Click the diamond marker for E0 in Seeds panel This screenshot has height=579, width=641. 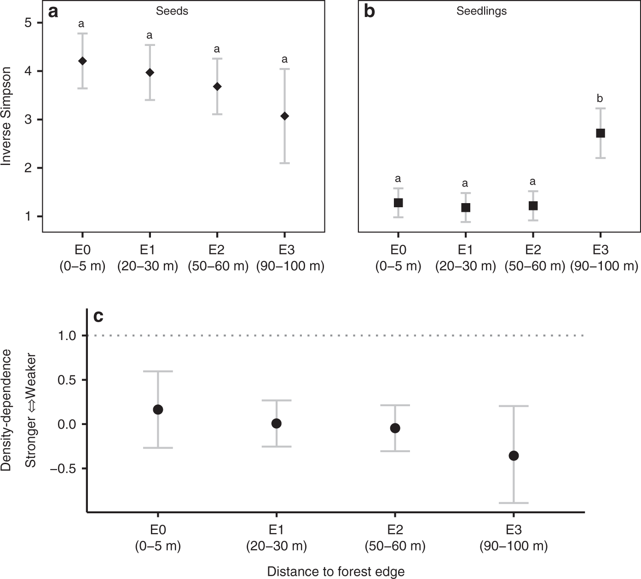coord(82,61)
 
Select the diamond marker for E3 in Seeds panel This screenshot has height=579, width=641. coord(284,116)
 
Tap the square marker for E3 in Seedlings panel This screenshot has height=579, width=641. coord(600,133)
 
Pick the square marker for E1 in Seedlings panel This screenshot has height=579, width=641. coord(466,208)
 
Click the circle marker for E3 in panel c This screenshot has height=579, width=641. coord(514,456)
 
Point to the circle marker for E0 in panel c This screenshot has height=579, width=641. coord(158,410)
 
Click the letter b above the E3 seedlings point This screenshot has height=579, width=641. coord(600,98)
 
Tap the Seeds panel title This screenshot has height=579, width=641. coord(172,11)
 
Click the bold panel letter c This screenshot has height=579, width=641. coord(98,317)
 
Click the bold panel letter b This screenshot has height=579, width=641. coord(369,11)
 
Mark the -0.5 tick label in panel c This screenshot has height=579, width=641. coord(68,469)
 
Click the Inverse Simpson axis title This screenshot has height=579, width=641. coord(6,116)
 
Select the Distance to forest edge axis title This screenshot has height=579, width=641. coord(336,571)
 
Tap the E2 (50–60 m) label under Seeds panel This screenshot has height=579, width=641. coord(218,258)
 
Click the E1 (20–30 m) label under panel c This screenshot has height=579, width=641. coord(276,538)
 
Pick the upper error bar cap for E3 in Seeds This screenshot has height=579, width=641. coord(284,69)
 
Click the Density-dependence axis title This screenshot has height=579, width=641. coord(6,410)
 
